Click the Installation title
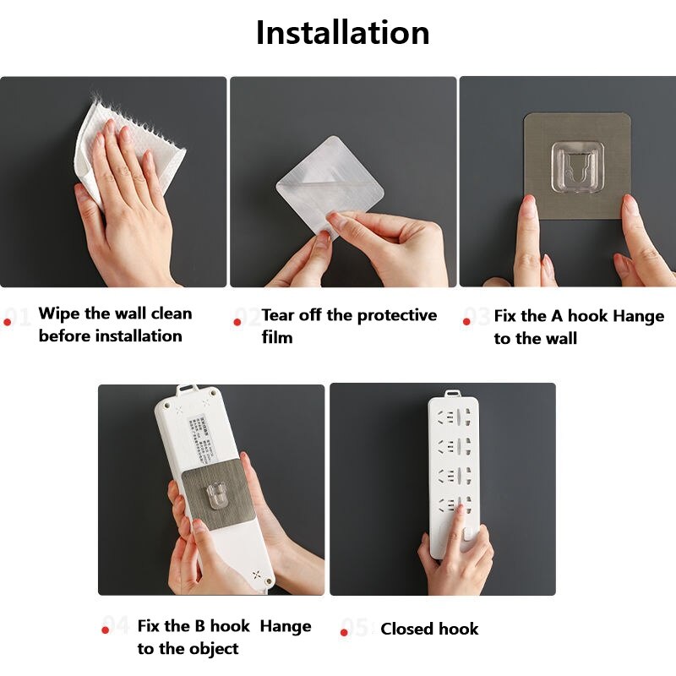coord(342,33)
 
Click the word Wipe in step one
coord(59,313)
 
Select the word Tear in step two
coord(279,315)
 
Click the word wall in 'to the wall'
coord(559,338)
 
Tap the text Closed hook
coord(429,629)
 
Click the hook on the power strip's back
coord(215,492)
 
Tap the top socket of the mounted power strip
coord(453,417)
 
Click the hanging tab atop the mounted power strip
coord(453,391)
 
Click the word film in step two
coord(277,337)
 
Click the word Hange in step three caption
coord(639,316)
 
